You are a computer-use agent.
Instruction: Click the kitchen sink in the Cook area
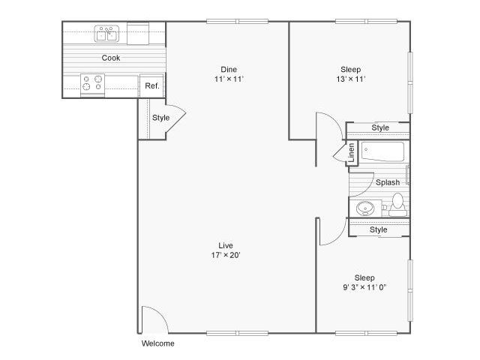pyautogui.click(x=106, y=34)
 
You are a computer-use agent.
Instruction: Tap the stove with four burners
pyautogui.click(x=92, y=82)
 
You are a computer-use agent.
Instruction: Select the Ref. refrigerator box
pyautogui.click(x=151, y=86)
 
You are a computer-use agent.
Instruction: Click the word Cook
pyautogui.click(x=111, y=58)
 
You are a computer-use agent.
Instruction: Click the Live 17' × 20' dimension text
pyautogui.click(x=225, y=255)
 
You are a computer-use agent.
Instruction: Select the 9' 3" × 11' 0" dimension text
pyautogui.click(x=364, y=287)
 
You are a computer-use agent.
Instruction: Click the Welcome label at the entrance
pyautogui.click(x=157, y=343)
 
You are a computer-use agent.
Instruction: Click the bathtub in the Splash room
pyautogui.click(x=382, y=152)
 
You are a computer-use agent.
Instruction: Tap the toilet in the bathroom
pyautogui.click(x=397, y=202)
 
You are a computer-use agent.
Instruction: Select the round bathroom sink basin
pyautogui.click(x=366, y=208)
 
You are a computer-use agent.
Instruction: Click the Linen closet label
pyautogui.click(x=351, y=153)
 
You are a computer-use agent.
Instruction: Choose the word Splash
pyautogui.click(x=387, y=182)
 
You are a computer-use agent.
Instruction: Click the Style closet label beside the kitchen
pyautogui.click(x=160, y=118)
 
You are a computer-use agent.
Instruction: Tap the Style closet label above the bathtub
pyautogui.click(x=381, y=128)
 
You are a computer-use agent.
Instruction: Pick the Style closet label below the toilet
pyautogui.click(x=379, y=229)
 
